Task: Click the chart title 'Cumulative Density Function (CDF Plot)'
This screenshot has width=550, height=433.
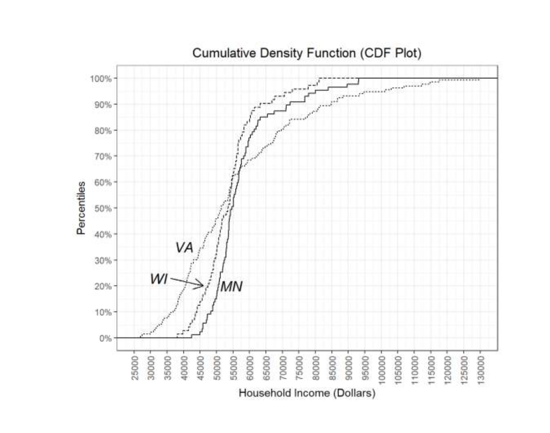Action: coord(307,53)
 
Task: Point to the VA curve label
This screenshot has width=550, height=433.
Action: coord(184,248)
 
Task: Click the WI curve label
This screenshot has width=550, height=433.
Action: coord(159,279)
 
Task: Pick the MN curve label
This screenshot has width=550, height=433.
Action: coord(231,287)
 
